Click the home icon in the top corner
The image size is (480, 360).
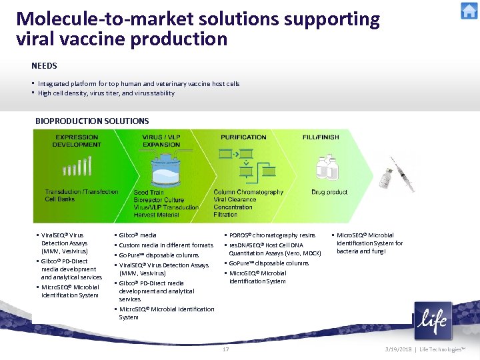pyautogui.click(x=469, y=11)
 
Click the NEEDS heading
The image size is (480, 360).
pyautogui.click(x=44, y=66)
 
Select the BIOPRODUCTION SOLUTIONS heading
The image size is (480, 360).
pyautogui.click(x=91, y=121)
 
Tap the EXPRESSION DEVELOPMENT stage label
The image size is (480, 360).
pyautogui.click(x=77, y=141)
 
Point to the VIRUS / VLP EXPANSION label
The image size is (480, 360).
pyautogui.click(x=161, y=141)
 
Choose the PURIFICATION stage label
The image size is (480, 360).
pyautogui.click(x=243, y=137)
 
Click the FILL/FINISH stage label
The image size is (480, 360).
pyautogui.click(x=321, y=137)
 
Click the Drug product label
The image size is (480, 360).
pyautogui.click(x=329, y=193)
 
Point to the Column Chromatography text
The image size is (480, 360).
pyautogui.click(x=248, y=192)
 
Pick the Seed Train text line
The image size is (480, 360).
pyautogui.click(x=149, y=193)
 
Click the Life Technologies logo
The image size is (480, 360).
pyautogui.click(x=433, y=321)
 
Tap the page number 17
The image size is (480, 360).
pyautogui.click(x=226, y=349)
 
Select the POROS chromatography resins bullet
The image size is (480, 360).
pyautogui.click(x=272, y=235)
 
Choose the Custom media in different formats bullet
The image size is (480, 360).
pyautogui.click(x=165, y=245)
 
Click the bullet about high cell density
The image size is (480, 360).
pyautogui.click(x=106, y=93)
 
